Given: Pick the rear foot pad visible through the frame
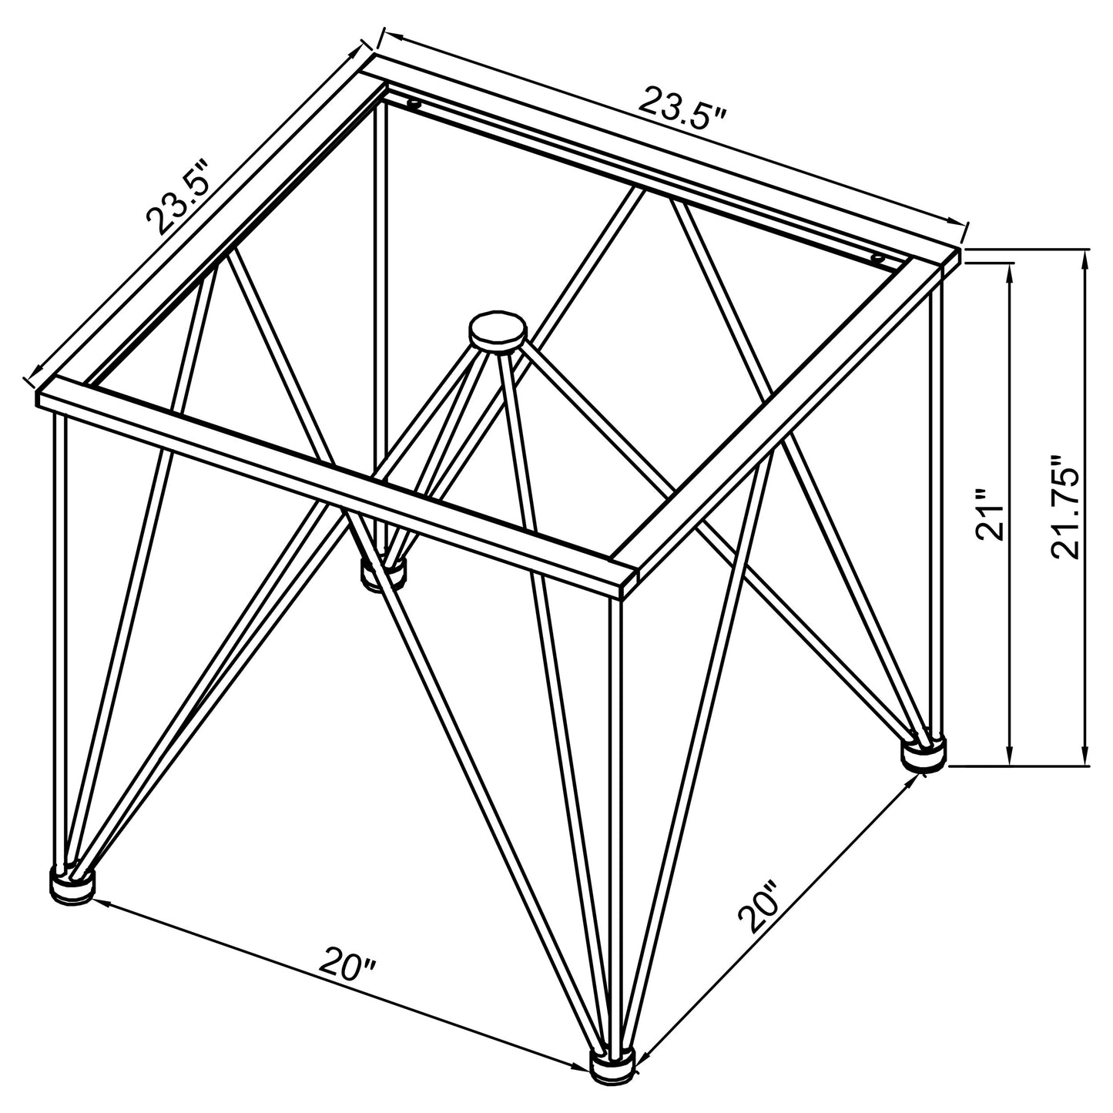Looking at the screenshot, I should click(384, 574).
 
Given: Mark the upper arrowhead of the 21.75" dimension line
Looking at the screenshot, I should click(1086, 258).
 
